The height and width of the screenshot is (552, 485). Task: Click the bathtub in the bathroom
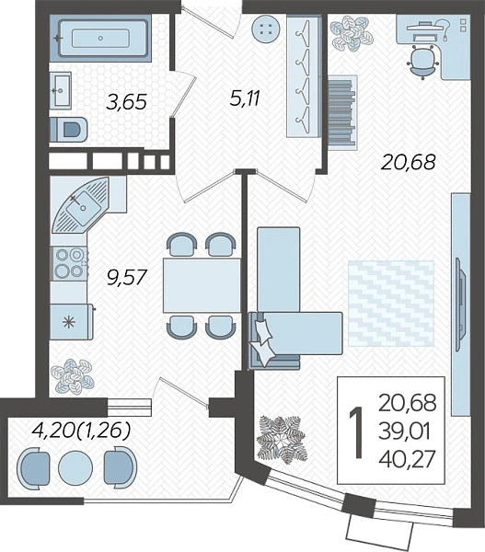pyautogui.click(x=101, y=38)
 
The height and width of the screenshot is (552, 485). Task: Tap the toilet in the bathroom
pyautogui.click(x=68, y=129)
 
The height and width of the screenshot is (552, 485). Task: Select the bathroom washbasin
pyautogui.click(x=60, y=90)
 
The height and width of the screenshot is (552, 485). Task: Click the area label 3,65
pyautogui.click(x=126, y=102)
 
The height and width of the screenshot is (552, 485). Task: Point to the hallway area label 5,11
pyautogui.click(x=245, y=98)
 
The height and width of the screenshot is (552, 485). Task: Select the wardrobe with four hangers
pyautogui.click(x=304, y=76)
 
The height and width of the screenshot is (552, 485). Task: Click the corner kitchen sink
pyautogui.click(x=83, y=205)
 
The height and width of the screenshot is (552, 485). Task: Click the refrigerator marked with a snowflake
pyautogui.click(x=72, y=322)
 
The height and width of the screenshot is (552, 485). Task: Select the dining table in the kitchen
pyautogui.click(x=202, y=285)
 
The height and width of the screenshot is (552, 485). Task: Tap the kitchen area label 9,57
pyautogui.click(x=126, y=277)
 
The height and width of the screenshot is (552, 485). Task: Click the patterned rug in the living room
pyautogui.click(x=390, y=303)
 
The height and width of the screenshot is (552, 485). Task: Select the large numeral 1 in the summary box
pyautogui.click(x=356, y=432)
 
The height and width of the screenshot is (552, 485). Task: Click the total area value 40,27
pyautogui.click(x=407, y=459)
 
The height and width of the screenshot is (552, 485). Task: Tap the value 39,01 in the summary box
pyautogui.click(x=404, y=431)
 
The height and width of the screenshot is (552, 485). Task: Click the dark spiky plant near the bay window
pyautogui.click(x=282, y=439)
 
